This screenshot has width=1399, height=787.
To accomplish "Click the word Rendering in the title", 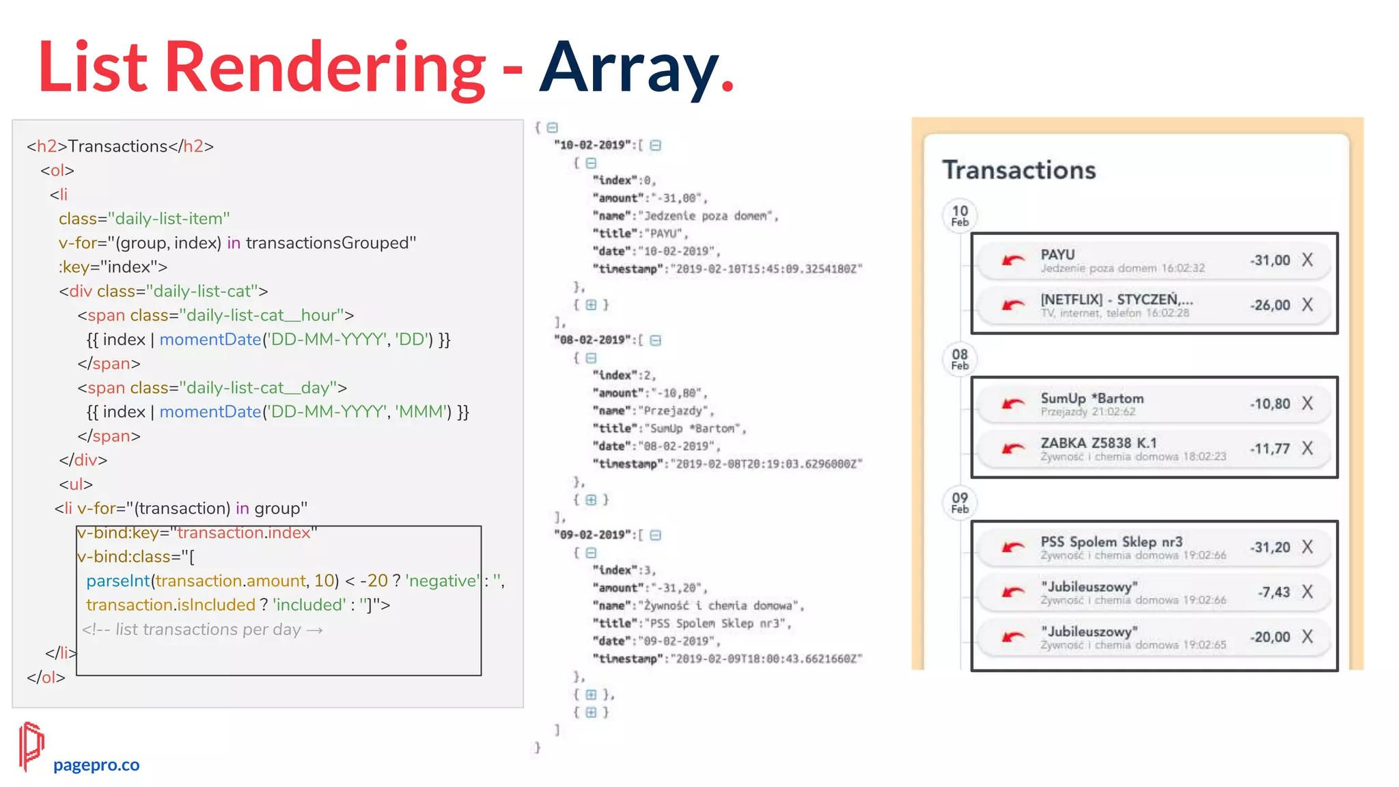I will point(325,68).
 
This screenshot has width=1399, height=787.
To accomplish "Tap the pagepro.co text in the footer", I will point(96,764).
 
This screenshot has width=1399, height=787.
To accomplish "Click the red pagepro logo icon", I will point(31,746).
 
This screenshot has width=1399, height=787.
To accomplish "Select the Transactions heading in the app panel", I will point(1019,170).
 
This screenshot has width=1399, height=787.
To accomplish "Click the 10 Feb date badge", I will point(960,215).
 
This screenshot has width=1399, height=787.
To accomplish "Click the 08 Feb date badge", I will point(960,359).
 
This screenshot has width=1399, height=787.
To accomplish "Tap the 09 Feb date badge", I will point(960,502).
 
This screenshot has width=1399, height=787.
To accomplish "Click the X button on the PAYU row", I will point(1307,260).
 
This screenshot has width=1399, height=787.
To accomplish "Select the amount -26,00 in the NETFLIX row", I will point(1270,305).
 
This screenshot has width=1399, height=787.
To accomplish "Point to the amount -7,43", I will point(1274,592).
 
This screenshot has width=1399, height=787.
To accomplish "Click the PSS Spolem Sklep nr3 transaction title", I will point(1111,542).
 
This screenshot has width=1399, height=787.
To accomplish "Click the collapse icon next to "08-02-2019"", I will point(656,340).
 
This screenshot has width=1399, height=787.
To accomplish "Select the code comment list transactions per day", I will point(202,629).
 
